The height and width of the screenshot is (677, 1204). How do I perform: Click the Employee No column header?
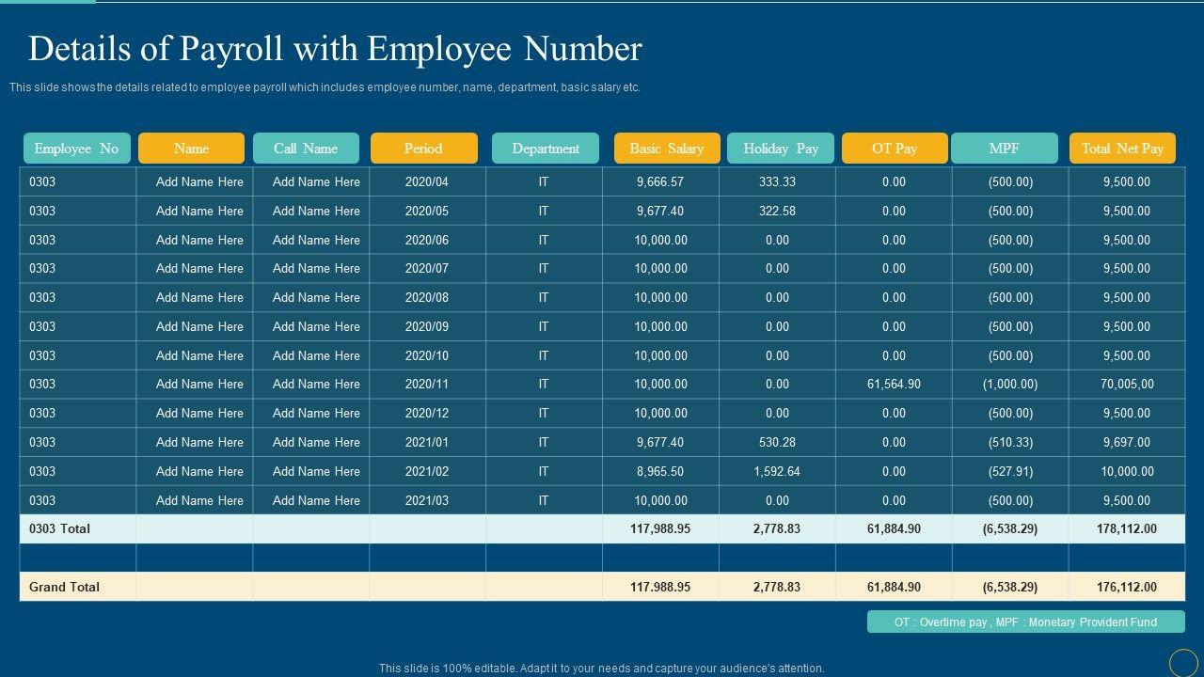point(76,149)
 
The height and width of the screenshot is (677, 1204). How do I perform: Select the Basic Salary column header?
point(667,149)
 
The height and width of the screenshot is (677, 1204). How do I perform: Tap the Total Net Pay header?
point(1122,149)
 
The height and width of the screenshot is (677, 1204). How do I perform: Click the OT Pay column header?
point(895,149)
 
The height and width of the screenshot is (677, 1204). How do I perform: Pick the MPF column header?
point(1005,149)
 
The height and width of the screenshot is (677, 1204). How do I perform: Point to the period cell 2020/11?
point(427,384)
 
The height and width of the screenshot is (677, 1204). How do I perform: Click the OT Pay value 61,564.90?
point(894,384)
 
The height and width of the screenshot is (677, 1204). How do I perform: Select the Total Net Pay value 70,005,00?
point(1127,384)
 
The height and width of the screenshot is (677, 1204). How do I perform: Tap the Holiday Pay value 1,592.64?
point(777,471)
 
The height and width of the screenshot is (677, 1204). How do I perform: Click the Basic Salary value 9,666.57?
point(660,181)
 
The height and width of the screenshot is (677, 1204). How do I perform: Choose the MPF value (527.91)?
point(1010,471)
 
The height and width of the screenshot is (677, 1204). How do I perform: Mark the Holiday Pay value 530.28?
point(777,442)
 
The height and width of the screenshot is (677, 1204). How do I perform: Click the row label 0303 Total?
point(60,528)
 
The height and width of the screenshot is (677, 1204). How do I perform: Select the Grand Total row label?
point(64,587)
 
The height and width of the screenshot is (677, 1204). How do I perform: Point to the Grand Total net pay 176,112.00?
point(1127,587)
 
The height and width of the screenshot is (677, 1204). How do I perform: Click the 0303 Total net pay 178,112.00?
point(1127,528)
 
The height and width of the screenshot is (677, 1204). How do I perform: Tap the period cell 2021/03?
point(427,500)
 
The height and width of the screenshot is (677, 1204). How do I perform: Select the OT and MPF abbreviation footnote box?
point(1025,622)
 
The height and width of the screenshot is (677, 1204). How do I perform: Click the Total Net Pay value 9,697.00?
point(1127,442)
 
